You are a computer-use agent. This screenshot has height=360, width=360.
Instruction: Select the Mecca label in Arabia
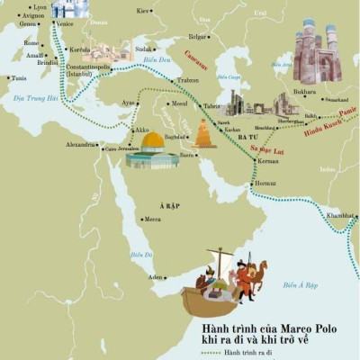coord(153,219)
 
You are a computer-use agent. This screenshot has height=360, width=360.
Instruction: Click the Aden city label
coord(156,278)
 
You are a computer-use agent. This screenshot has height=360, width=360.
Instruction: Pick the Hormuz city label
coord(265,184)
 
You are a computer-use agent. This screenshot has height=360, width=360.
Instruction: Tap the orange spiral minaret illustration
coord(203,134)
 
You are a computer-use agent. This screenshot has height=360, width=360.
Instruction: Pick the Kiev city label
coord(141,11)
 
